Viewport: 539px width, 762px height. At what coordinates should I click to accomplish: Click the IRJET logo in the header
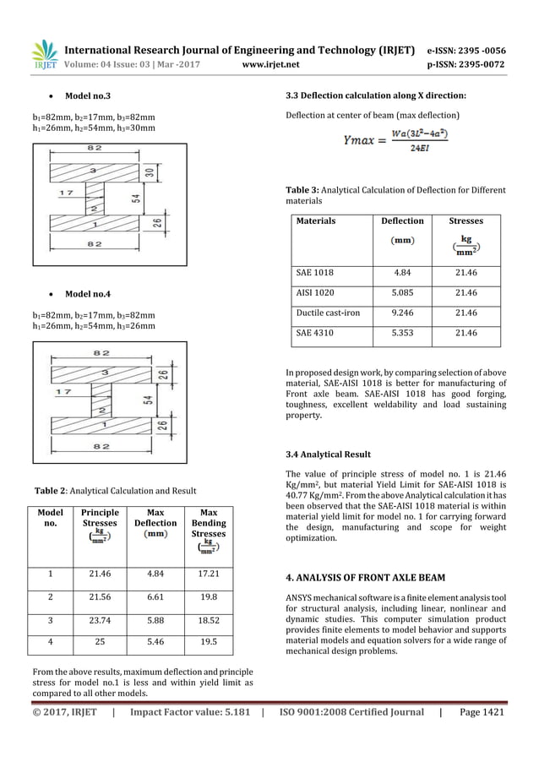pos(43,53)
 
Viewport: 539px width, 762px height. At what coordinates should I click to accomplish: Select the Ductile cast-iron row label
pos(328,313)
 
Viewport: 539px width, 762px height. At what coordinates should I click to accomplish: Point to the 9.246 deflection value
pos(403,313)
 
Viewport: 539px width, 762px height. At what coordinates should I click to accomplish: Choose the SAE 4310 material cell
pos(316,333)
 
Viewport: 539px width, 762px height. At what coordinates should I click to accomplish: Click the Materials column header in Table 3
pos(316,221)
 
